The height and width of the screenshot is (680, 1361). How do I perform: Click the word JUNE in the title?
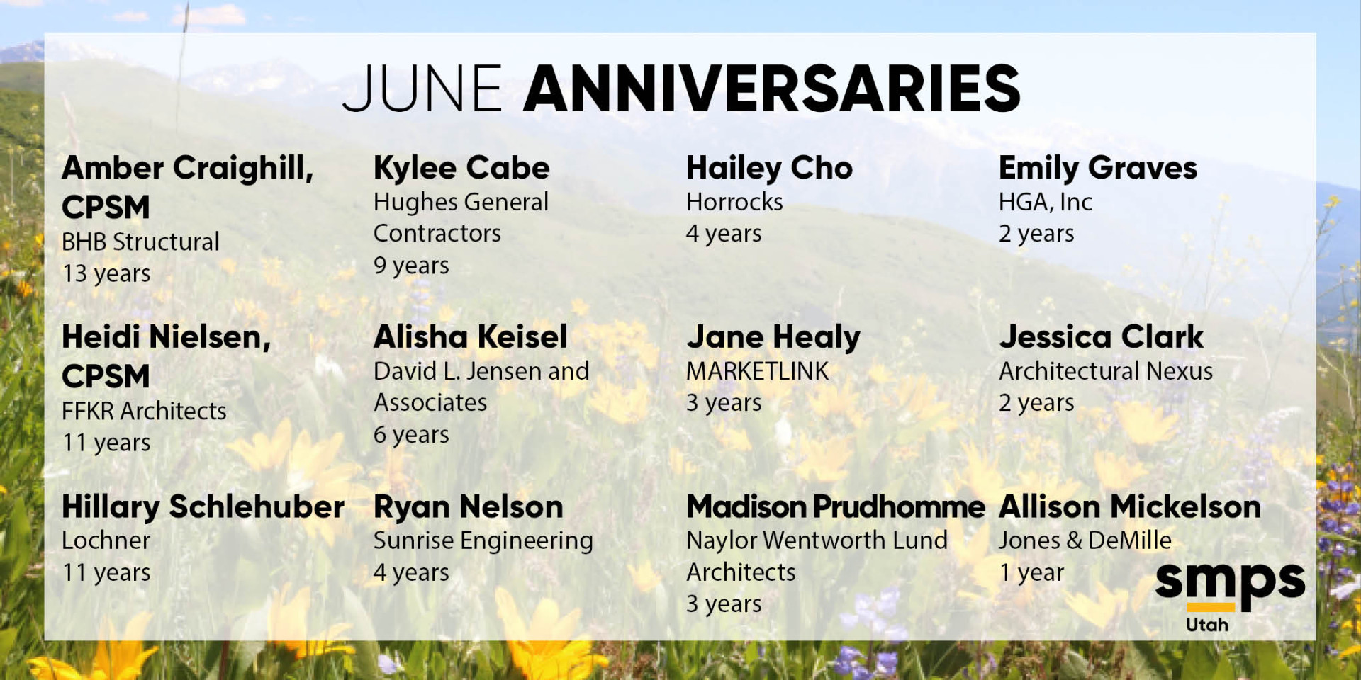[x=422, y=89]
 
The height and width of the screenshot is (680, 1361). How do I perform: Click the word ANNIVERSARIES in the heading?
[x=772, y=89]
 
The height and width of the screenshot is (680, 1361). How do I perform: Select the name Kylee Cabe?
[x=461, y=169]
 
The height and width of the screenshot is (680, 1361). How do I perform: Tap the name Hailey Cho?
[x=769, y=169]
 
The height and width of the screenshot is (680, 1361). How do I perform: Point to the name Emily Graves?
[x=1098, y=169]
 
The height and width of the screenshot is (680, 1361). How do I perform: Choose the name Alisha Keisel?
[x=471, y=337]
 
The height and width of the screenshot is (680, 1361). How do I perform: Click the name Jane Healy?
[x=773, y=338]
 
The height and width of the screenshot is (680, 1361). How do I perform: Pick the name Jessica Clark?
[x=1102, y=337]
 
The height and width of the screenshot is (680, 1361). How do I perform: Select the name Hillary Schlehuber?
[x=203, y=507]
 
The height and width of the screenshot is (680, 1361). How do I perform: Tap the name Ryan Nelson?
[x=469, y=507]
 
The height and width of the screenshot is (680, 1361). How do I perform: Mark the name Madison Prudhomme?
[x=836, y=507]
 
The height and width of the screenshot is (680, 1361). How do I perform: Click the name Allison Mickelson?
[x=1130, y=507]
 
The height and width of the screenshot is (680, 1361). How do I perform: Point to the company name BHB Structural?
[x=140, y=242]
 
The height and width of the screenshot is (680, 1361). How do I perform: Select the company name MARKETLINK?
[x=757, y=371]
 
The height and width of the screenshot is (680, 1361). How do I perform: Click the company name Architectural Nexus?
[x=1106, y=371]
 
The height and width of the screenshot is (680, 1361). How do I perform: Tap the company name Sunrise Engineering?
[x=483, y=541]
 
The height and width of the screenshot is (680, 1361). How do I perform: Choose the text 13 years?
[x=106, y=274]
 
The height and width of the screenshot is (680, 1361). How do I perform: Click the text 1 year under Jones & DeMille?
[x=1031, y=573]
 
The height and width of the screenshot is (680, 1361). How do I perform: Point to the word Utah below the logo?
[x=1206, y=625]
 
